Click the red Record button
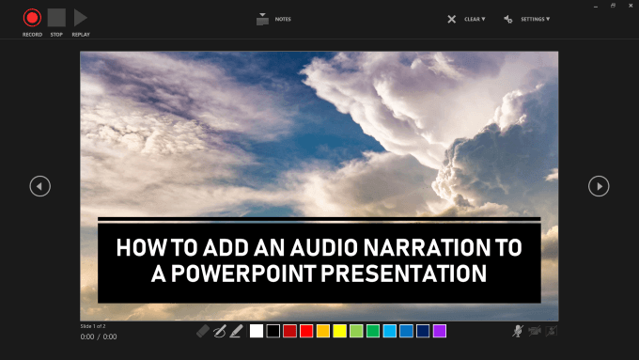32,17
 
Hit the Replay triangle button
80,17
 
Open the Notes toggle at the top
262,18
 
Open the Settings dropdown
526,19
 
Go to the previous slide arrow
39,186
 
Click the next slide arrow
599,186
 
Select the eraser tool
204,331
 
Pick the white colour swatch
257,331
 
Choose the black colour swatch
273,331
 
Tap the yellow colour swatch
339,331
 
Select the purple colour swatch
440,331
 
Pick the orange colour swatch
323,331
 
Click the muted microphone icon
518,331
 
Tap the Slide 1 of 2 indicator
97,325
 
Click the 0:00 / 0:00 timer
99,336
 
